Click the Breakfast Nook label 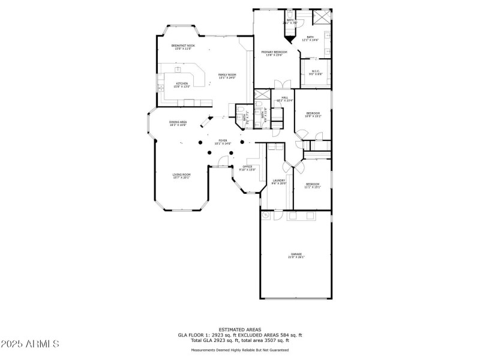coord(183,46)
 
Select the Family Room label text coord(227,75)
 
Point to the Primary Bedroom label coord(274,53)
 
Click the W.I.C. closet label coord(316,73)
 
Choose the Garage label coord(296,255)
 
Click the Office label coord(247,167)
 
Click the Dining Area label coord(178,123)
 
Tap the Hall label coord(284,98)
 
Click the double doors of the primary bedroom coord(278,85)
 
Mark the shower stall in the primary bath coord(322,16)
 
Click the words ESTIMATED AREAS coord(239,329)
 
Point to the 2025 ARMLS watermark coord(30,344)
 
